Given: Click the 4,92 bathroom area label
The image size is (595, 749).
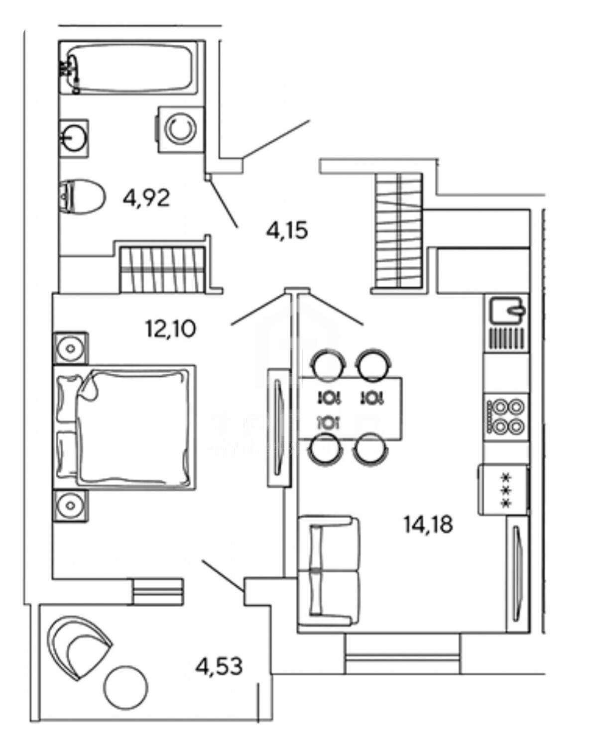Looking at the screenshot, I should click(146, 199).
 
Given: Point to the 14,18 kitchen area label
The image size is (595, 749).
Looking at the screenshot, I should click(428, 524).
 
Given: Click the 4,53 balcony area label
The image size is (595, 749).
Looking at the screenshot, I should click(219, 666).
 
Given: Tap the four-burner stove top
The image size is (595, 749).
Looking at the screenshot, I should click(506, 416).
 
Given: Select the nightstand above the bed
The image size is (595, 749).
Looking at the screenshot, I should click(71, 348).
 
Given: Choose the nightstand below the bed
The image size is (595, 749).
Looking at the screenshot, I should click(71, 506).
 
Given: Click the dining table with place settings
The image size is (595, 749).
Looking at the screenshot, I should click(350, 409).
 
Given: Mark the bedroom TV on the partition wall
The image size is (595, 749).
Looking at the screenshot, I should click(279, 427).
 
